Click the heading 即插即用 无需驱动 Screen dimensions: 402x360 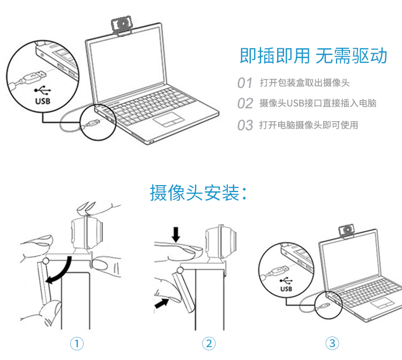click(x=313, y=56)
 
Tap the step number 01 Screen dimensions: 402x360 click(x=244, y=83)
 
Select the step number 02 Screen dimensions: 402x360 click(x=245, y=104)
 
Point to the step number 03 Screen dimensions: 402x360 click(x=245, y=126)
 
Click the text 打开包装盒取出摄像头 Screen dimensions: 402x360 click(x=304, y=83)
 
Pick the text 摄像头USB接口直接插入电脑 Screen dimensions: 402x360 click(x=318, y=104)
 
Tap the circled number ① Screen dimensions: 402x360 click(x=78, y=343)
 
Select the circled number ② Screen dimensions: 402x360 click(x=209, y=343)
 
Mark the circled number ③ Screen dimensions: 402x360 click(x=333, y=343)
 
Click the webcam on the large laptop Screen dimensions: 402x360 click(x=122, y=25)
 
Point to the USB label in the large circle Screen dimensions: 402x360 click(x=43, y=100)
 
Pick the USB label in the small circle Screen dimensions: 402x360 click(x=286, y=289)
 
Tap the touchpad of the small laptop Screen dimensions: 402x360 click(x=382, y=303)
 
